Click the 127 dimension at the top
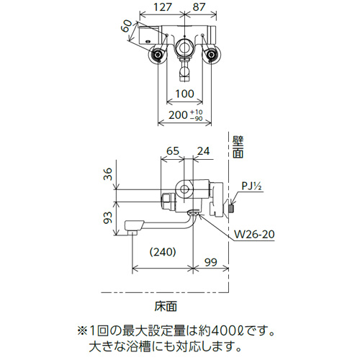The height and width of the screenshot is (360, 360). coord(163,7)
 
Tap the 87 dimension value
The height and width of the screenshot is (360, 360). coord(199,7)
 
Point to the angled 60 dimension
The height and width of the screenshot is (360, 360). coord(127,26)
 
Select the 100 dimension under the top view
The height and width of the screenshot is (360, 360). coord(184,94)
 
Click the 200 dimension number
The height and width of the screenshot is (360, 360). coord(178,115)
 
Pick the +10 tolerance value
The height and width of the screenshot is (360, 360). coord(197,112)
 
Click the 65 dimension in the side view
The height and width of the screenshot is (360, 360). coord(173,151)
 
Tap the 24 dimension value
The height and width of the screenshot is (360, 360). coord(203,151)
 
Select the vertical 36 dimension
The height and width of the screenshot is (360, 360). coord(108,174)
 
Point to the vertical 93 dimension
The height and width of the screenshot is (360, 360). coord(108,217)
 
